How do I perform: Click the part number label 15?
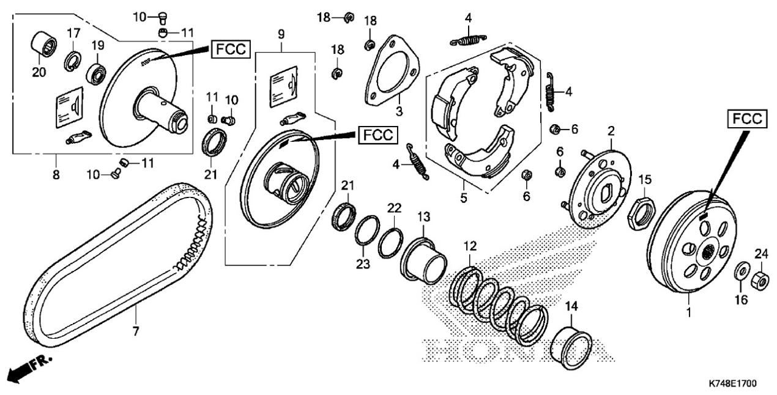[x=645, y=180]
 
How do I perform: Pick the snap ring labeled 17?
[x=72, y=60]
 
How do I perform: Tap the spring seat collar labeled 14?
[x=571, y=348]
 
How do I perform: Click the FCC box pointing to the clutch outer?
[x=747, y=119]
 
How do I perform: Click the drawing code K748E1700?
[x=732, y=383]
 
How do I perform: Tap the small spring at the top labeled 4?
[x=468, y=40]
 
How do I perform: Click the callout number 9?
[x=281, y=34]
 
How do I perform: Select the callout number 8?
[x=56, y=174]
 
